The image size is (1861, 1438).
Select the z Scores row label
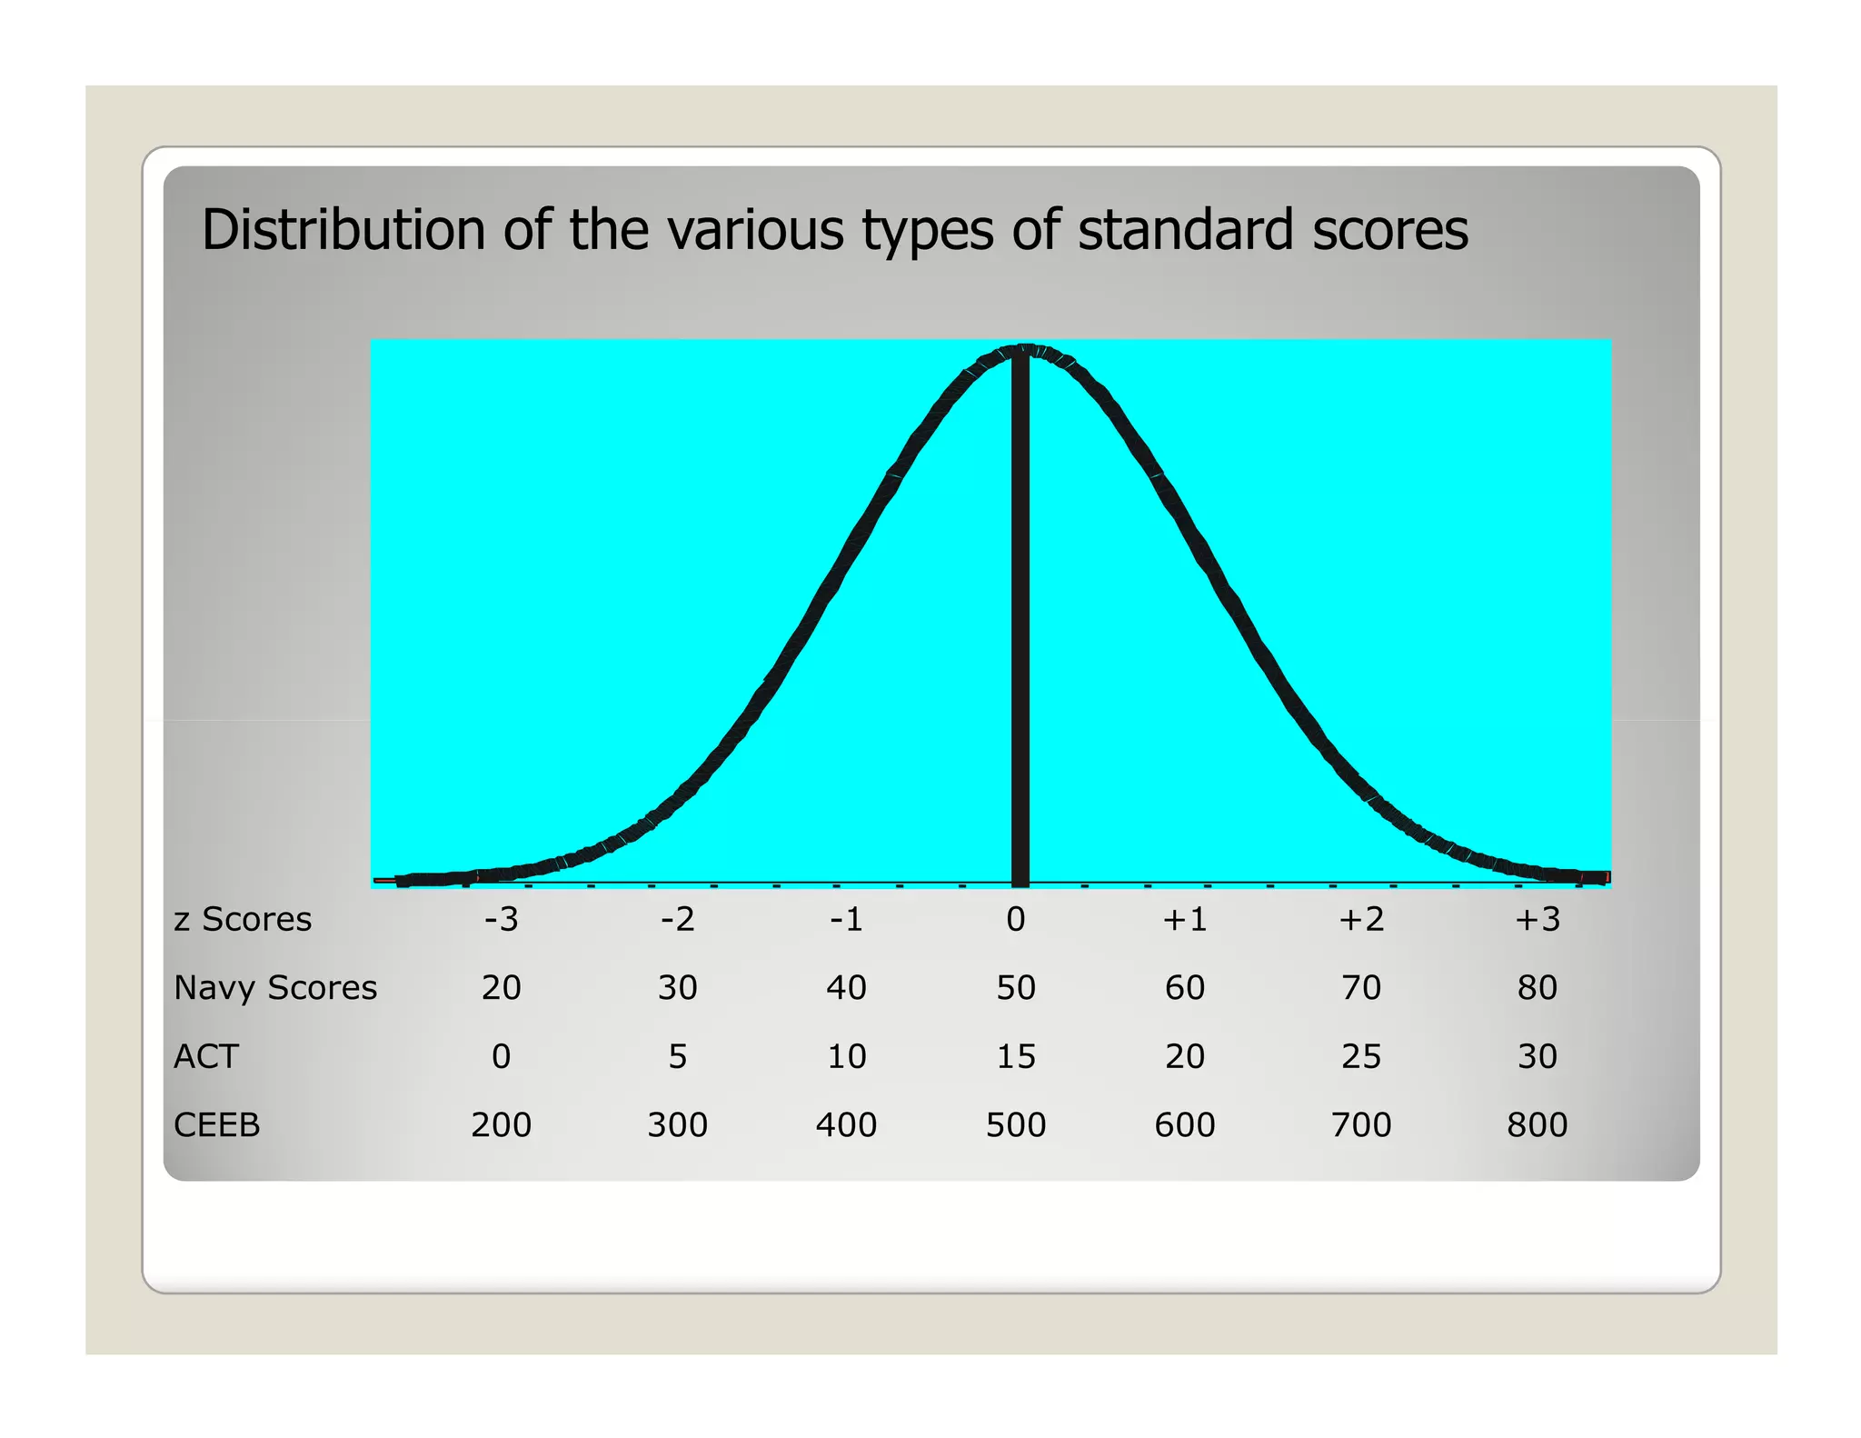tap(243, 919)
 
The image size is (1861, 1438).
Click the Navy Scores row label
tap(275, 987)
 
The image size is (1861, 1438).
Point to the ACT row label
tap(206, 1056)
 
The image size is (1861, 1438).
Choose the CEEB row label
tap(217, 1125)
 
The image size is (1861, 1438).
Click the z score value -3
tap(501, 919)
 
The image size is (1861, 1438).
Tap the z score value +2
tap(1361, 919)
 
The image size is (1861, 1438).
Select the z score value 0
tap(1016, 919)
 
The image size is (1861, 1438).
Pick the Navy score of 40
tap(846, 987)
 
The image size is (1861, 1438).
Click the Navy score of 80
tap(1538, 987)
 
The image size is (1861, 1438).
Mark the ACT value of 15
tap(1016, 1056)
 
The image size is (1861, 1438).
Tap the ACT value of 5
tap(678, 1056)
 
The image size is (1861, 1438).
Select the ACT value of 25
tap(1361, 1056)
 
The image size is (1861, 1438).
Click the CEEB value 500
tap(1016, 1125)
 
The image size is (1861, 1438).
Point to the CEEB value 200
tap(501, 1125)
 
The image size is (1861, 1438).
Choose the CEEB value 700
tap(1361, 1125)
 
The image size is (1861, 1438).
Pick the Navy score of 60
tap(1185, 987)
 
